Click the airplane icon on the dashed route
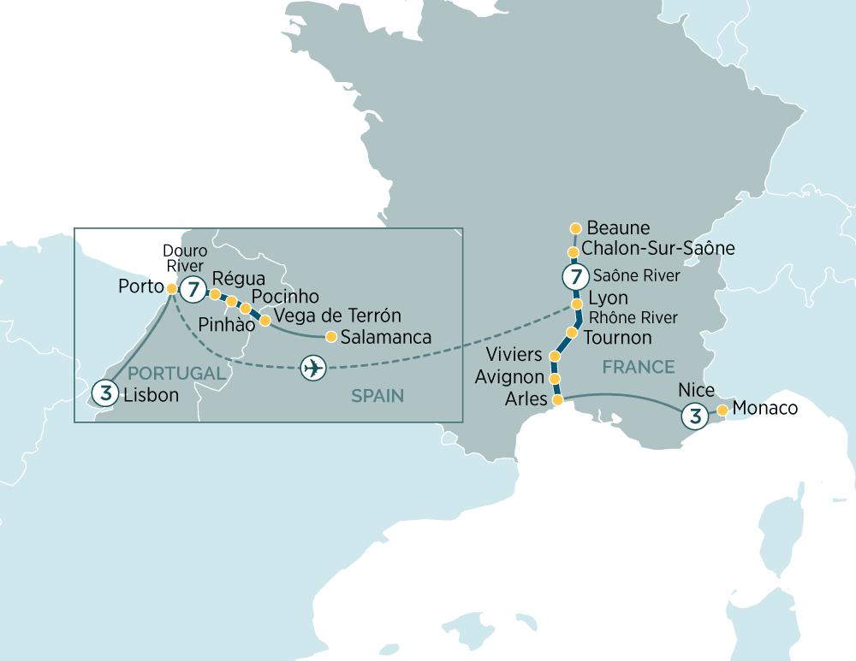click(x=313, y=369)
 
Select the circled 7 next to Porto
click(x=193, y=290)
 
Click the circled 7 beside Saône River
click(x=574, y=277)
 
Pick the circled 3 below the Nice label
click(x=694, y=416)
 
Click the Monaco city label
click(x=765, y=409)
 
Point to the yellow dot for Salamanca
click(x=330, y=336)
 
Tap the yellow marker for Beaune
click(x=575, y=228)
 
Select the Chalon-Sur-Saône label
click(x=657, y=249)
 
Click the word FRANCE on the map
click(x=638, y=367)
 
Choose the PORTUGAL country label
click(x=179, y=374)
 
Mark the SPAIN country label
click(x=377, y=396)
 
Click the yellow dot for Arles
click(x=558, y=399)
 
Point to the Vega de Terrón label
click(x=336, y=316)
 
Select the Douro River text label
click(x=185, y=258)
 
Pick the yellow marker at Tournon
click(x=571, y=332)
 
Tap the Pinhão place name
click(x=226, y=326)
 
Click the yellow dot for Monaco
click(x=722, y=410)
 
